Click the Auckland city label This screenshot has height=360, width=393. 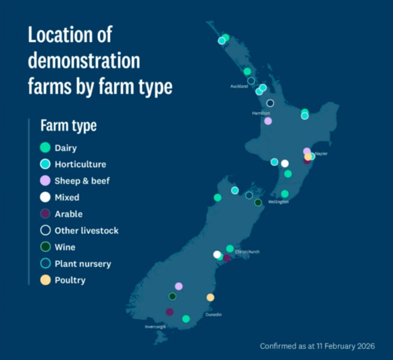[239, 87]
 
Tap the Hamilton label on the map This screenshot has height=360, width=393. [261, 113]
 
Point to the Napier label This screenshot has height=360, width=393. [321, 153]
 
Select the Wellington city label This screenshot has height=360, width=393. [278, 202]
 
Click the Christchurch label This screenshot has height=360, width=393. [247, 252]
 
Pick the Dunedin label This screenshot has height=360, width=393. [213, 314]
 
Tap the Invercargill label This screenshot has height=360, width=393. [155, 327]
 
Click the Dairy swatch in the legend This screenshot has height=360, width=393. [45, 147]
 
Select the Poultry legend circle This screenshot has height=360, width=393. [45, 280]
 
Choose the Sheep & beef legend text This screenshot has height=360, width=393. [82, 180]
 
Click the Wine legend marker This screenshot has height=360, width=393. [45, 247]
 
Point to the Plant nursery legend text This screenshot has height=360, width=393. [83, 264]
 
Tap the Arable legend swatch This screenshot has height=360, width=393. [45, 213]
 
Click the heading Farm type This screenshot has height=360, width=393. [68, 125]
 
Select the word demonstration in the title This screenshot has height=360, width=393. [84, 61]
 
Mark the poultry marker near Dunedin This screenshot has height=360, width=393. [210, 297]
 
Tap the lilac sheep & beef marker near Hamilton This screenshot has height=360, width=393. [268, 121]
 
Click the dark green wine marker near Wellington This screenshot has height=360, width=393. [258, 202]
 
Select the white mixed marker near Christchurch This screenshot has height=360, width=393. [217, 254]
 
